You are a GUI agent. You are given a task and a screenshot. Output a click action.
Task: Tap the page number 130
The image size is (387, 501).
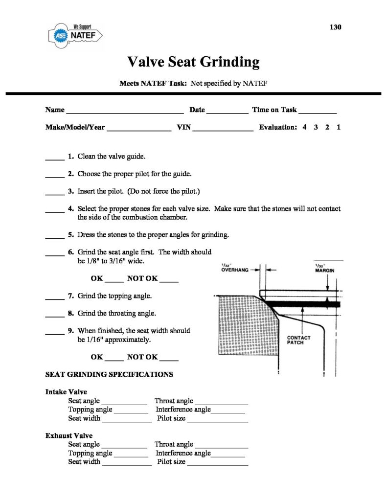[335, 27]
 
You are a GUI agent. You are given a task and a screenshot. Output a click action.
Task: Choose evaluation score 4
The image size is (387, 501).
[304, 127]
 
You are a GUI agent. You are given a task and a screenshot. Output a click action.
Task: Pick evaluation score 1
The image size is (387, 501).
[339, 127]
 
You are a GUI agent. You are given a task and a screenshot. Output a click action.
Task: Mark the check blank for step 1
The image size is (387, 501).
[55, 159]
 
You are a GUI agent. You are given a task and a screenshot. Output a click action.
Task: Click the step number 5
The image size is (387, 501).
[71, 235]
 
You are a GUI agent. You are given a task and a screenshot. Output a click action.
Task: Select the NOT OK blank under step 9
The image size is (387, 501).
[169, 360]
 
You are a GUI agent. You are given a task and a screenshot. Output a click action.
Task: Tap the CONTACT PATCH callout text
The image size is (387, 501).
[298, 340]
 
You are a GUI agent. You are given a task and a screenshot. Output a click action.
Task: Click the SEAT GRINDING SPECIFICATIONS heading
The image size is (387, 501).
[109, 375]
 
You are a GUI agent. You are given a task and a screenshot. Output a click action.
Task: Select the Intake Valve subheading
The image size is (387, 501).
[66, 392]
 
